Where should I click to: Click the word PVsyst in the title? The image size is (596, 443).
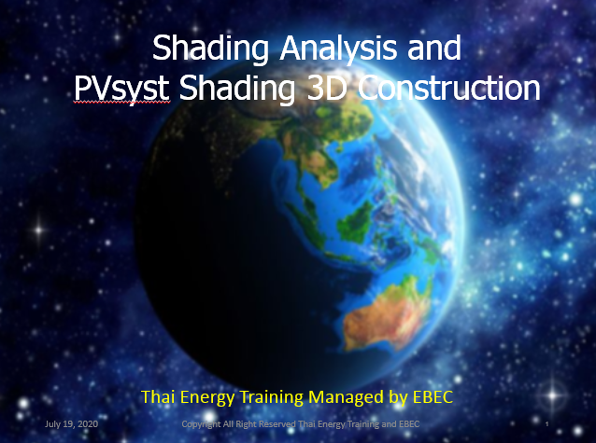click(x=121, y=89)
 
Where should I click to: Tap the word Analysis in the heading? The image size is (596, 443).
click(x=338, y=48)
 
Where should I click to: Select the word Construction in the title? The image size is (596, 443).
click(x=449, y=88)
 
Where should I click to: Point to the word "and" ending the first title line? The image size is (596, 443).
click(x=434, y=48)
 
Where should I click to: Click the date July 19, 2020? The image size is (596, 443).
click(x=71, y=423)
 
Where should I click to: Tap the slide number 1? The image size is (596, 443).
click(x=547, y=423)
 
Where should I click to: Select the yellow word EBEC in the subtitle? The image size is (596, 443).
click(x=433, y=397)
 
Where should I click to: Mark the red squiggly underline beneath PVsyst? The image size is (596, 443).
click(x=121, y=103)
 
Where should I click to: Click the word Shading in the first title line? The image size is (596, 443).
click(x=211, y=48)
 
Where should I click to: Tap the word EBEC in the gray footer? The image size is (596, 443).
click(x=409, y=423)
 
